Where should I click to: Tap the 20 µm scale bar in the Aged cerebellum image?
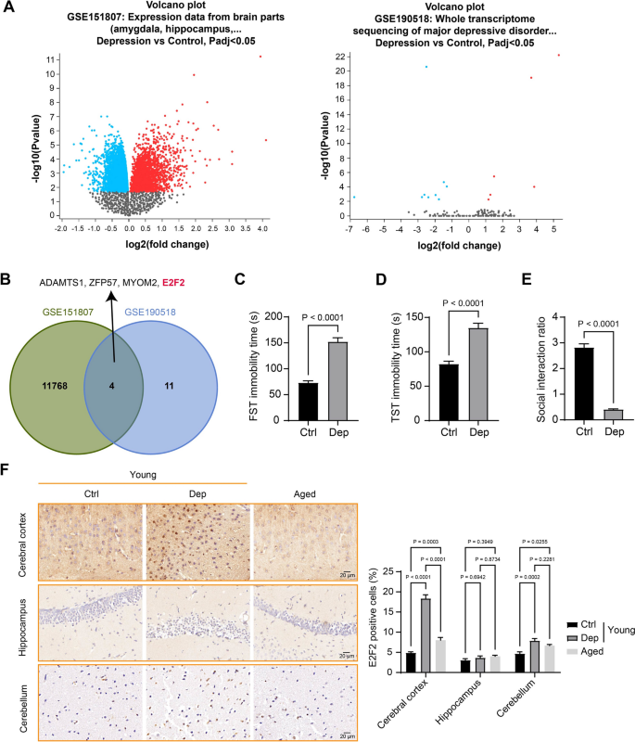point(344,735)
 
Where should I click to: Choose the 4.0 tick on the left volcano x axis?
point(261,227)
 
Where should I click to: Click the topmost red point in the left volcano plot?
point(260,57)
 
